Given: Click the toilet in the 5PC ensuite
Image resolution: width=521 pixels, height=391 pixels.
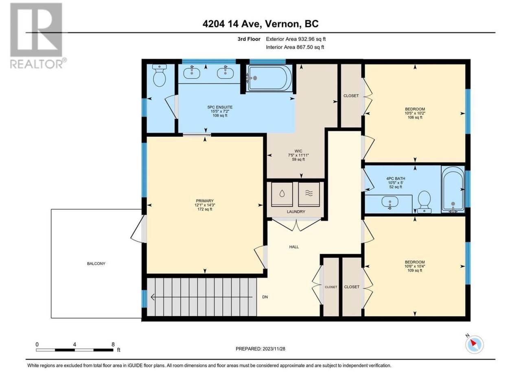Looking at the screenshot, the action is tap(159, 75).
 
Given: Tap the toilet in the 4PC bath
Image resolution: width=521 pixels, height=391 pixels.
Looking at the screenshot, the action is tap(424, 202).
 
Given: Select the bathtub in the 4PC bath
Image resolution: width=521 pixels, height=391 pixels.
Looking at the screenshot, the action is tap(453, 189).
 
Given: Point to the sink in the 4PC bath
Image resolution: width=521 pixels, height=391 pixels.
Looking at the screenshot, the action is tap(390, 202).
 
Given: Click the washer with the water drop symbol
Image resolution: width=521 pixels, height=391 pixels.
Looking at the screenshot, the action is tap(282, 194).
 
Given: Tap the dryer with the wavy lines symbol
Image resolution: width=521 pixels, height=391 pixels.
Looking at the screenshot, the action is tap(309, 194).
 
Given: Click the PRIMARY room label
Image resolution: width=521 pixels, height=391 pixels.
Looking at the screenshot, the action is tap(205, 201).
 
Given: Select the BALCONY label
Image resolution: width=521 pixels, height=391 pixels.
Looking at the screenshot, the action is tap(96, 264).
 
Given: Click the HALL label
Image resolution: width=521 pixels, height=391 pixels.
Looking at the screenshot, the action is tap(294, 247).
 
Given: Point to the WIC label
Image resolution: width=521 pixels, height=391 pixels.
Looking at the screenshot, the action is tap(298, 151).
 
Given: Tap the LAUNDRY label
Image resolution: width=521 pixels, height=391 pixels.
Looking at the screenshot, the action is tap(296, 211).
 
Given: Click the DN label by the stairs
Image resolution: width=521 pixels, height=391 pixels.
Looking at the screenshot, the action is tap(265, 297).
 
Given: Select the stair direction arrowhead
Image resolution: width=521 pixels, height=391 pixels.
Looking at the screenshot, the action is tap(153, 297).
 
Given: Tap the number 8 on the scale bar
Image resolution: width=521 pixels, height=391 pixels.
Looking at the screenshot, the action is tap(113, 344).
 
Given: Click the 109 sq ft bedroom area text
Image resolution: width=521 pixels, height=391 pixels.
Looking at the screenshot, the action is tap(415, 270).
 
